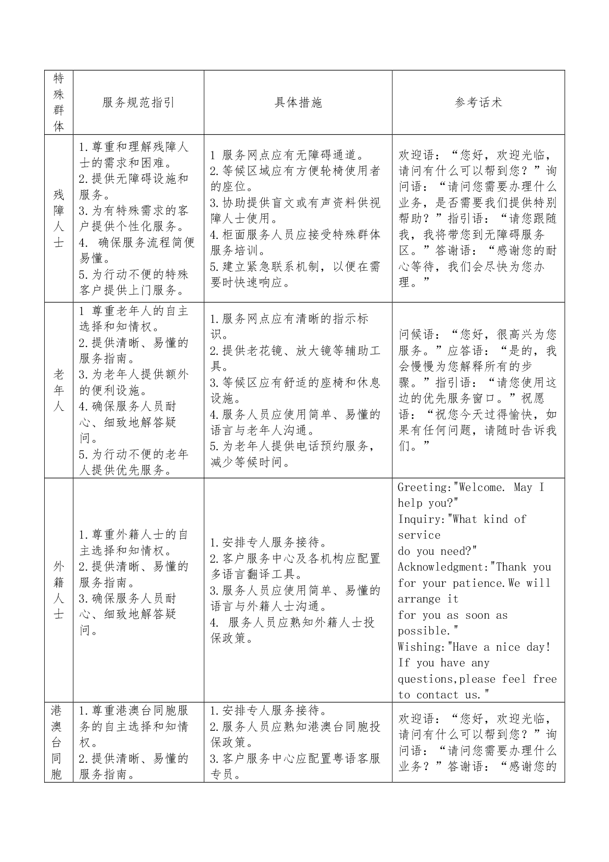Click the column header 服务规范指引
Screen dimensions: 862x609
(138, 102)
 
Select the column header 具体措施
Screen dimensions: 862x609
(298, 102)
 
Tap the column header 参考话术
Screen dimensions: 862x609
(478, 102)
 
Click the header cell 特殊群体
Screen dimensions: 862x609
(58, 102)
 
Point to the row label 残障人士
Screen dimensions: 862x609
(58, 218)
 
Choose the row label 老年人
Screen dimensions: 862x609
(58, 391)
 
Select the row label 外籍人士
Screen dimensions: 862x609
(58, 590)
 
